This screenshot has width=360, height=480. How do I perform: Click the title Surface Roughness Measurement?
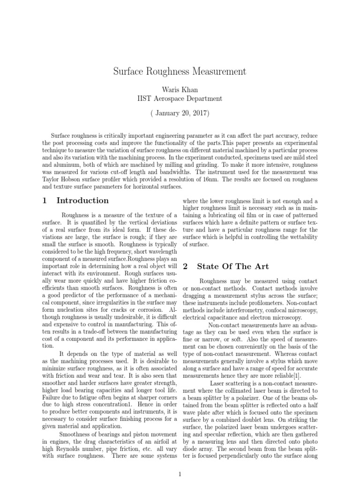coord(180,72)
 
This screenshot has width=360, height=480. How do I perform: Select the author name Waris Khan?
coord(180,90)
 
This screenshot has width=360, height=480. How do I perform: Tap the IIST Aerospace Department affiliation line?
coord(180,98)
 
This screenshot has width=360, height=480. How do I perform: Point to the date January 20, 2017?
coord(180,114)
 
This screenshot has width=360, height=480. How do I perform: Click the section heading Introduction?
coord(82,201)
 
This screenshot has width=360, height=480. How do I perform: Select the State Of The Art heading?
coord(233,267)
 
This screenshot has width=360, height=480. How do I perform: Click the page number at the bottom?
coord(180,474)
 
